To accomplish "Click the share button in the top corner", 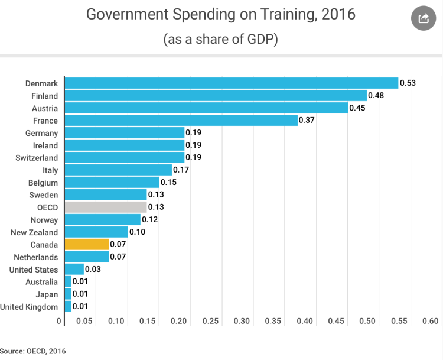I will click(x=423, y=18).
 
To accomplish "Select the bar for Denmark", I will click(x=231, y=83).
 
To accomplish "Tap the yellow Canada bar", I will click(x=87, y=244).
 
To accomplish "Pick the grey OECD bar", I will click(x=106, y=207).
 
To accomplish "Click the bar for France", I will click(x=181, y=121).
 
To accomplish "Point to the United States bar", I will click(x=74, y=269).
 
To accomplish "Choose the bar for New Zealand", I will click(x=96, y=232).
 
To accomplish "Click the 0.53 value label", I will click(x=408, y=83).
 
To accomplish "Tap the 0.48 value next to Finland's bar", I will click(x=376, y=96).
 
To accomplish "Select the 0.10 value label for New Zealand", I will click(x=137, y=232).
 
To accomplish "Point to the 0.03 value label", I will click(x=93, y=269).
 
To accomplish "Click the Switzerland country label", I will click(x=37, y=158).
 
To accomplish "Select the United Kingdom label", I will click(x=30, y=306).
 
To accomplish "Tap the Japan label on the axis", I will click(x=47, y=294).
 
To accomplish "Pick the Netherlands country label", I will click(x=36, y=257).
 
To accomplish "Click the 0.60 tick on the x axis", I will click(x=431, y=321).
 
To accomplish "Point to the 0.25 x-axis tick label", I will click(x=210, y=321).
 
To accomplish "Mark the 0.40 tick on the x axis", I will click(x=305, y=321).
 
